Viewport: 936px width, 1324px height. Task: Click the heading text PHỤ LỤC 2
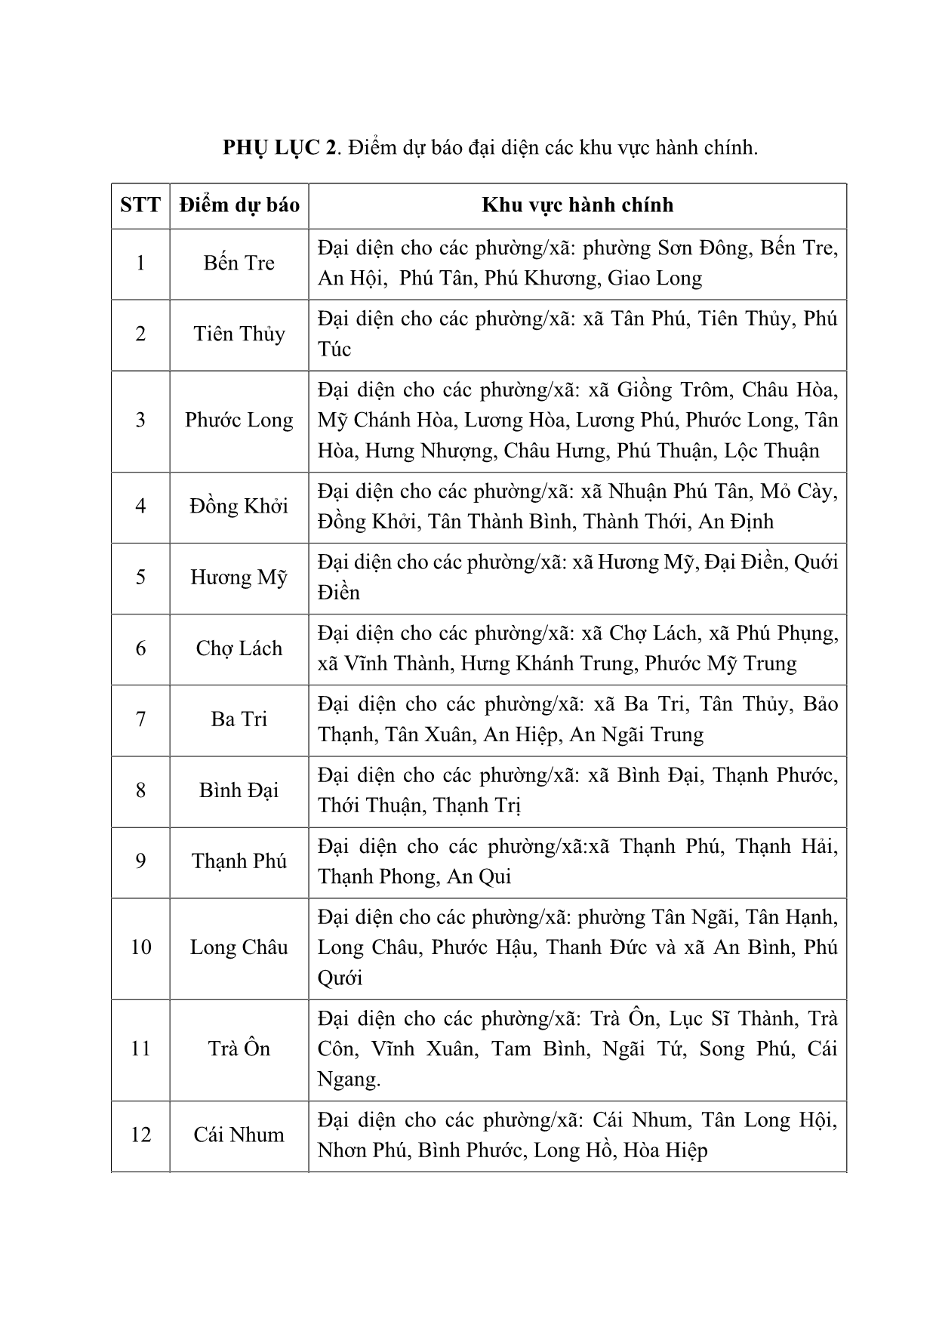(279, 148)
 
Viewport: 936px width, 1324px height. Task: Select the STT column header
(140, 205)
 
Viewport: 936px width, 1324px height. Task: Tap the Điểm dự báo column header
(239, 205)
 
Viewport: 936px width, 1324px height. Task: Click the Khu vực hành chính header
(577, 205)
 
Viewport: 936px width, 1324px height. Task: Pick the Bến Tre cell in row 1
(239, 263)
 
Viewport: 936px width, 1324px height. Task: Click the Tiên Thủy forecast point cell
(239, 334)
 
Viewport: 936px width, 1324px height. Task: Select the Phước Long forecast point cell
(239, 420)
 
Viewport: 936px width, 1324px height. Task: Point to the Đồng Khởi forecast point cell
(239, 507)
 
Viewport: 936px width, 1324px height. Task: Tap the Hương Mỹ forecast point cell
(239, 577)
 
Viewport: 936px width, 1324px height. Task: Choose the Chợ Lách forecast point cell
(239, 648)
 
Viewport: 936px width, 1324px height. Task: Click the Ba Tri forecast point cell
(239, 719)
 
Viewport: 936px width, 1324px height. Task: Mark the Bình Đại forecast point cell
(239, 790)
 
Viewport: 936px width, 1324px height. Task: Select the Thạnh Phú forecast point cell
(239, 861)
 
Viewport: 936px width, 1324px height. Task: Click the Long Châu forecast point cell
(239, 947)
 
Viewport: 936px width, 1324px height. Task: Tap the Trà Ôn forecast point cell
(239, 1048)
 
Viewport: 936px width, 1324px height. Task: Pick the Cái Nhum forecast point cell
(239, 1135)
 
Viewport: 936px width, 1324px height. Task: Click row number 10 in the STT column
(140, 947)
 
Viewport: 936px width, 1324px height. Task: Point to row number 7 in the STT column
(140, 719)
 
